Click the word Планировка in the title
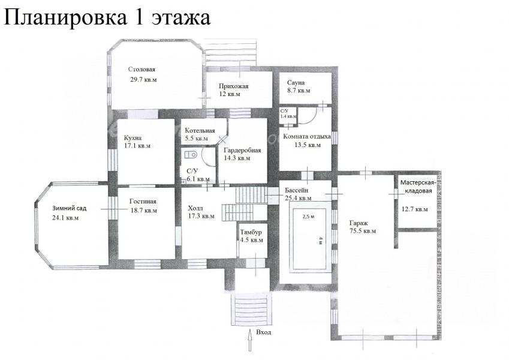65,17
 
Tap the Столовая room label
141,69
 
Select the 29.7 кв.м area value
143,79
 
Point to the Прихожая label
233,86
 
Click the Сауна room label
296,83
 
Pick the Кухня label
132,138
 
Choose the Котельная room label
200,131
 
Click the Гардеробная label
242,151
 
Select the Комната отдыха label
307,136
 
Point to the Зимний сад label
70,209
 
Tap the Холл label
195,208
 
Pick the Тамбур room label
251,232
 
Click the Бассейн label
296,190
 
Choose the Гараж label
359,224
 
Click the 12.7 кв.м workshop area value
414,209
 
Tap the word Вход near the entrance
264,332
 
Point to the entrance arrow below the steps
250,340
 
